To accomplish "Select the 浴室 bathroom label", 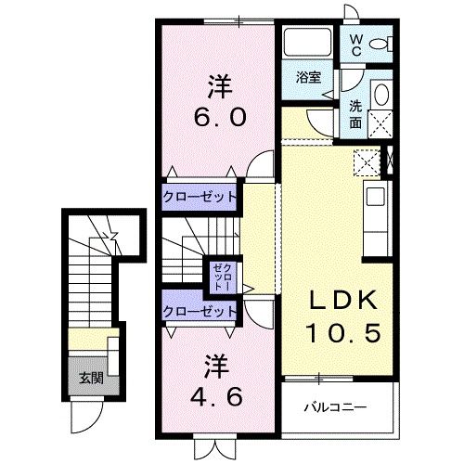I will point(309,79).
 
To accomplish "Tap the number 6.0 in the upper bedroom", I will point(219,119).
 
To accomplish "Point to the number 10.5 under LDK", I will point(344,331).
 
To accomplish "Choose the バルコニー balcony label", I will point(337,406).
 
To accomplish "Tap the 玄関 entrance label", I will point(91,377).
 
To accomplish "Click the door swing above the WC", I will point(353,11).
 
